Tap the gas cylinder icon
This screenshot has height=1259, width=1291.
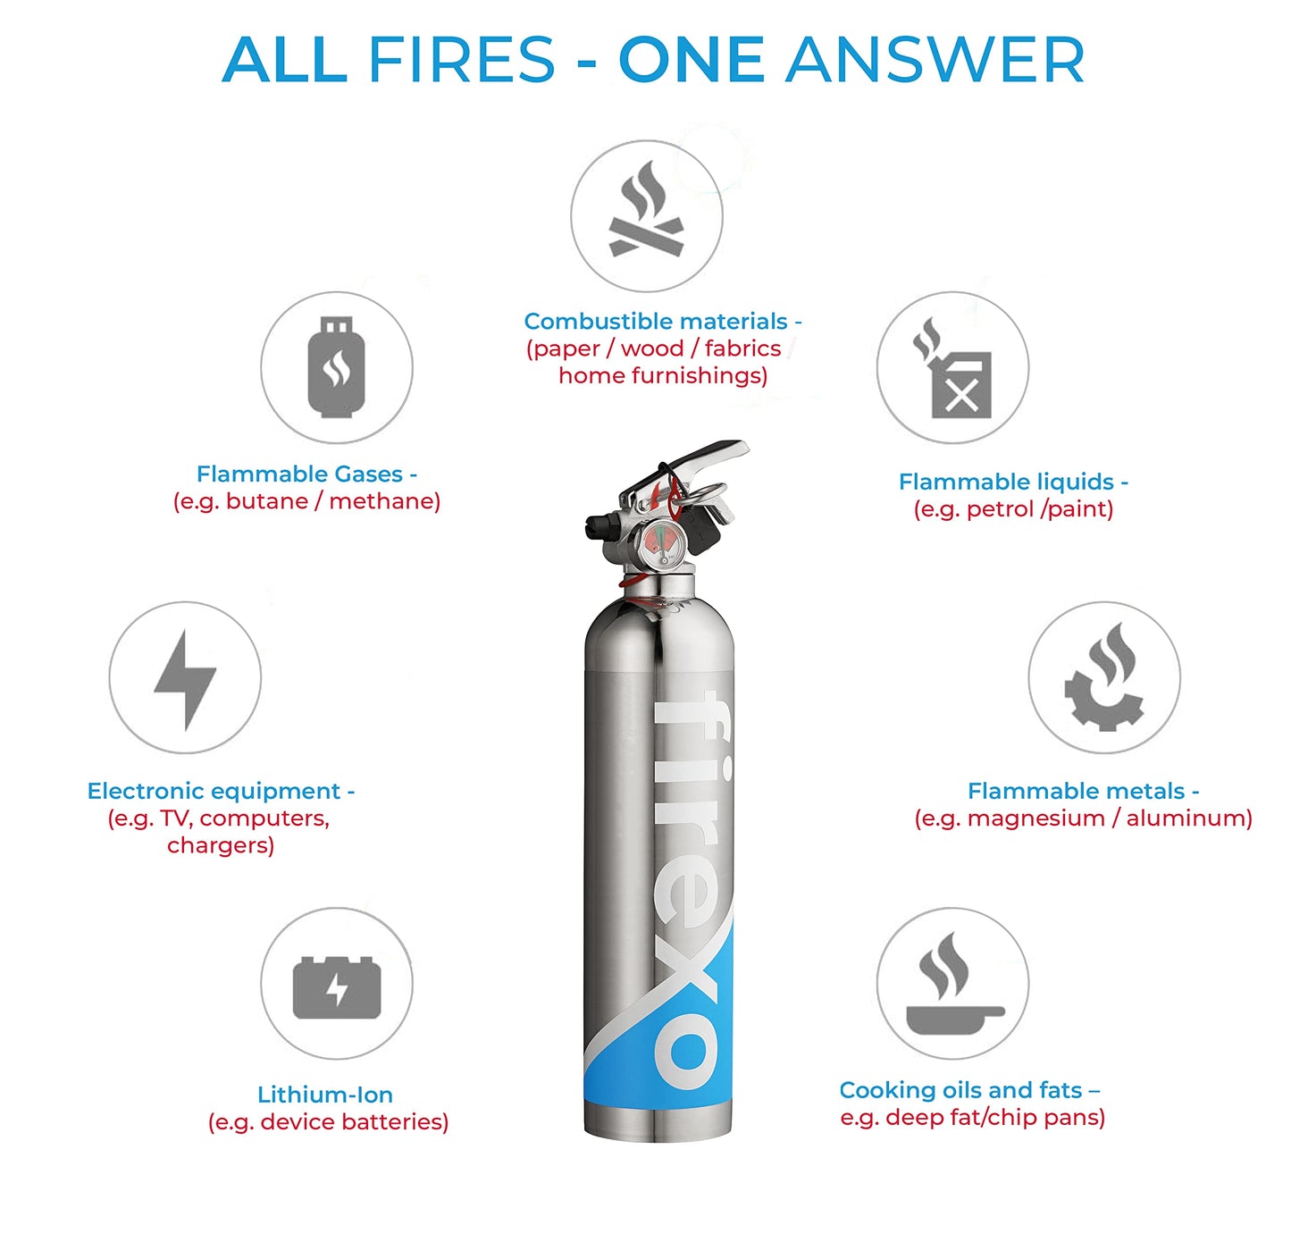(336, 367)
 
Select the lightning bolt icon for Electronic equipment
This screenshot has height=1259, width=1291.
(185, 681)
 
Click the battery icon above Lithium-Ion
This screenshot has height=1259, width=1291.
(337, 987)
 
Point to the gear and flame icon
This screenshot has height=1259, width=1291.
(1104, 677)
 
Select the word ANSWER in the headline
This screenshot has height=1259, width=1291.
(935, 61)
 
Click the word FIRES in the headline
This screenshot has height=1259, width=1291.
(461, 61)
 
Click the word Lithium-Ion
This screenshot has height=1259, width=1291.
(325, 1095)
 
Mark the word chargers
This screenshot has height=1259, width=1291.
(221, 846)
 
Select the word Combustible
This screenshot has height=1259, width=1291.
(598, 322)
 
